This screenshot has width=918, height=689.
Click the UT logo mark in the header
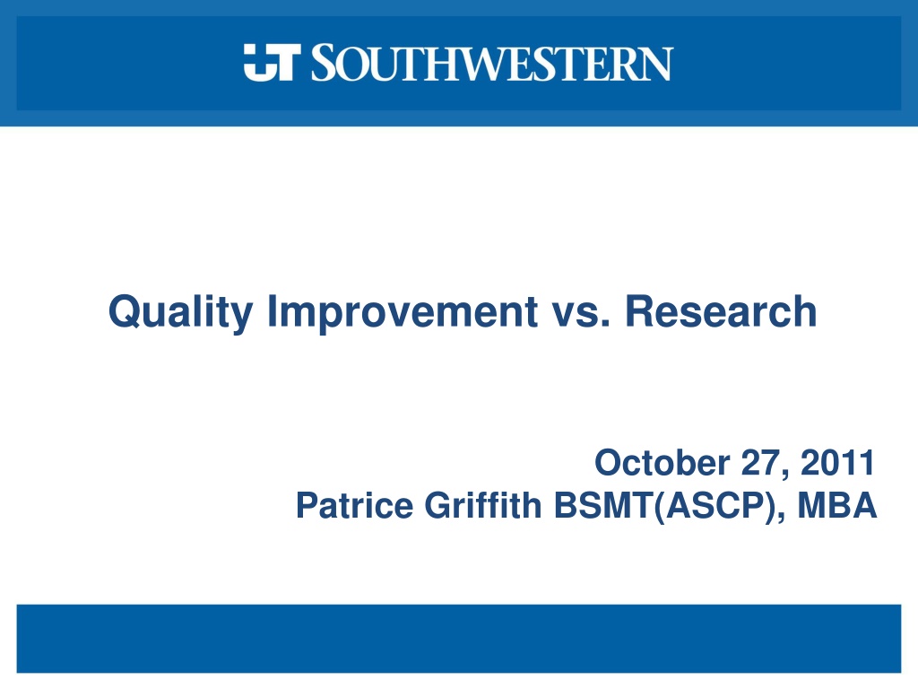tap(273, 62)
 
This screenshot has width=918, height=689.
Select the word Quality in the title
tap(181, 313)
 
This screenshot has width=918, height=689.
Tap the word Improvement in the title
tap(403, 313)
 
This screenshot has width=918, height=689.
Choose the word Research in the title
tap(721, 310)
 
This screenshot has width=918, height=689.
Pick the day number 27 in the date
tap(760, 462)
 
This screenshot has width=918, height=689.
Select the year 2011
tap(837, 462)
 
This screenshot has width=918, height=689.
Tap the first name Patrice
tap(354, 505)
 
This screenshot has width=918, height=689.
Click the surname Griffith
tap(483, 505)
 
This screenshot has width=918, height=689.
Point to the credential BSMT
tap(603, 505)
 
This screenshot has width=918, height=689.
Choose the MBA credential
tap(837, 505)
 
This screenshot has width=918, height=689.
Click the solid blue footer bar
tap(459, 639)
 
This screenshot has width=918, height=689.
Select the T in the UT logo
tap(285, 62)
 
